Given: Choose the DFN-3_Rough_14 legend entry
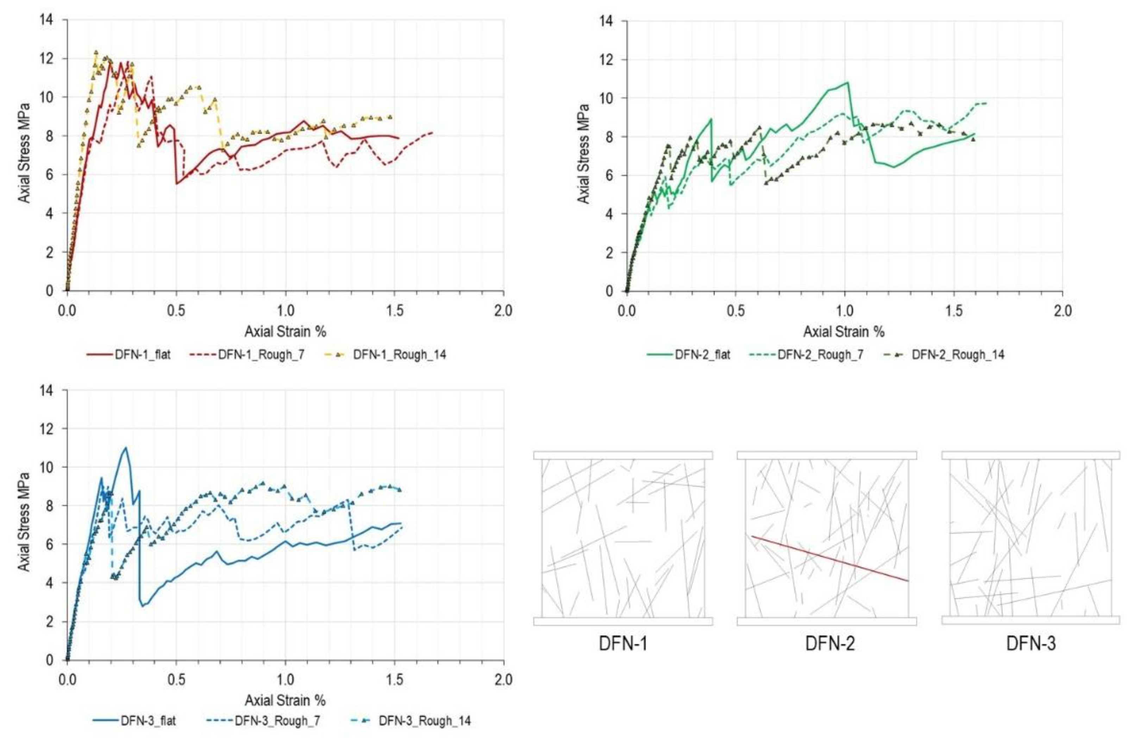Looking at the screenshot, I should point(424,721).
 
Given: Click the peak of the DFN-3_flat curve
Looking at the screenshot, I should point(126,447).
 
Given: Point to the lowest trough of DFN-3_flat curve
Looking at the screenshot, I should point(142,606).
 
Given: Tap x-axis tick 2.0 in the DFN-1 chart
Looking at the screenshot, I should point(503,310).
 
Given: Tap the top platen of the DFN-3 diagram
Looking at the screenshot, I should point(1030,455).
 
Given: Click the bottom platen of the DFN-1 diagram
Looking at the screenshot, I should point(623,621).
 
